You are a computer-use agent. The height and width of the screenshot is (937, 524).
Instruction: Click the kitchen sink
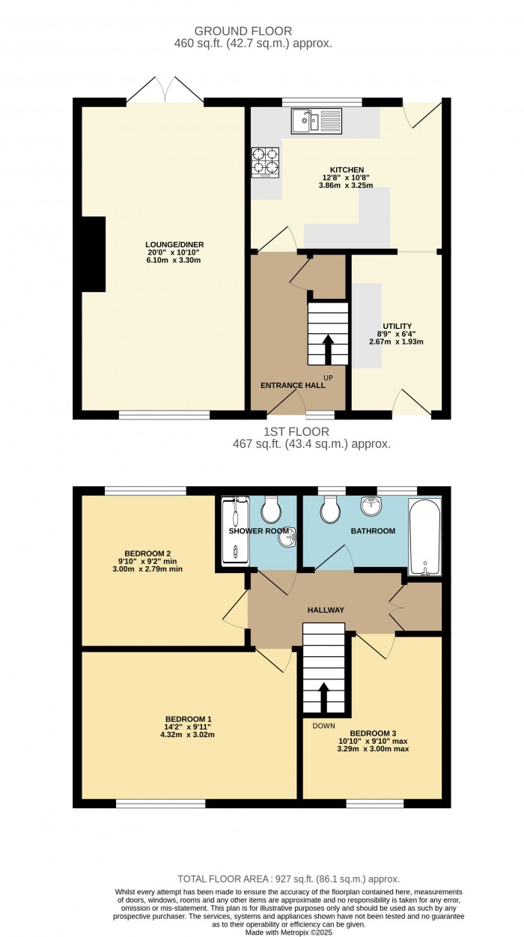[x=317, y=121]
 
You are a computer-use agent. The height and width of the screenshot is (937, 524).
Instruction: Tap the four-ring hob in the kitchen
[x=265, y=163]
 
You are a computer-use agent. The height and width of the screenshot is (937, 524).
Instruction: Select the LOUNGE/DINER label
[x=175, y=245]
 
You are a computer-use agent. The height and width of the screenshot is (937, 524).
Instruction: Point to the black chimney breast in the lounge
[x=94, y=254]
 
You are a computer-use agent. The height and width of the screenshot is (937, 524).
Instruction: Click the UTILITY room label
[x=397, y=327]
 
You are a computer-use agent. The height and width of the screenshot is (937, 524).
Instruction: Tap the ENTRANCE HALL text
[x=293, y=386]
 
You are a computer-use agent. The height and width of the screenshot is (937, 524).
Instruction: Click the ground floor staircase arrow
[x=328, y=349]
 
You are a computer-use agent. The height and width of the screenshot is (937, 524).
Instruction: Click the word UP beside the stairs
[x=329, y=378]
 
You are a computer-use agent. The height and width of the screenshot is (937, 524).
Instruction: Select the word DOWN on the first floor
[x=323, y=726]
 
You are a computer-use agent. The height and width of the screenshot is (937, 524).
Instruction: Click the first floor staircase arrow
[x=323, y=698]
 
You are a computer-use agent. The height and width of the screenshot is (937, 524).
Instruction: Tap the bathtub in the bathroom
[x=424, y=537]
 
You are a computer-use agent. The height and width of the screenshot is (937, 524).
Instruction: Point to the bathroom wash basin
[x=371, y=506]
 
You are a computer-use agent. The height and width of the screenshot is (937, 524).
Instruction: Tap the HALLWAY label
[x=326, y=610]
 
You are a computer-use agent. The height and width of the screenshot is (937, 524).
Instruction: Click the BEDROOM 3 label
[x=373, y=733]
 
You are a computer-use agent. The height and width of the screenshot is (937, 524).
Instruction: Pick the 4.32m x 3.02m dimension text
[x=187, y=735]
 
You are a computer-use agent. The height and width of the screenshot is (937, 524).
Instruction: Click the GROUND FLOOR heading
[x=243, y=31]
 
